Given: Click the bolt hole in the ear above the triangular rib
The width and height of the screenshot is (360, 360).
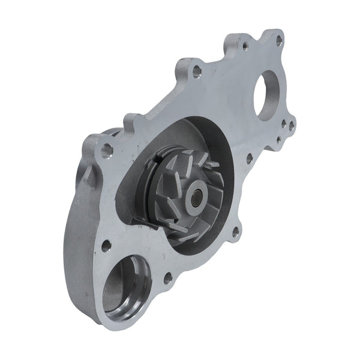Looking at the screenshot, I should tap(107, 149).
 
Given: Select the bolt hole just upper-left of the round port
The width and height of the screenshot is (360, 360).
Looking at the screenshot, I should tap(106, 245).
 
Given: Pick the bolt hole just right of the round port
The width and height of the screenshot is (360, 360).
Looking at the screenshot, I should tap(167, 278).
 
